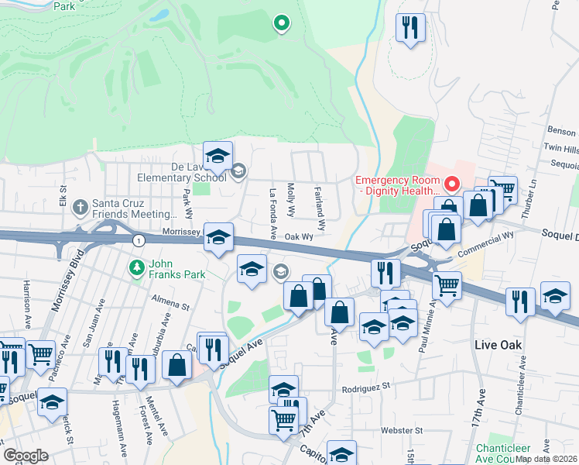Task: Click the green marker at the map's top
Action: click(x=282, y=24)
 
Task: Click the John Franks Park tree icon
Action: click(x=136, y=267)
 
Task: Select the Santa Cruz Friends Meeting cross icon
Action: click(x=81, y=207)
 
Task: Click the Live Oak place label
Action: click(x=498, y=344)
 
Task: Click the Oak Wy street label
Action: click(x=298, y=237)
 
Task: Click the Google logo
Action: click(x=26, y=456)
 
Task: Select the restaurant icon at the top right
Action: click(x=410, y=29)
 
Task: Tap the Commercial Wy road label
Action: click(x=486, y=244)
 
